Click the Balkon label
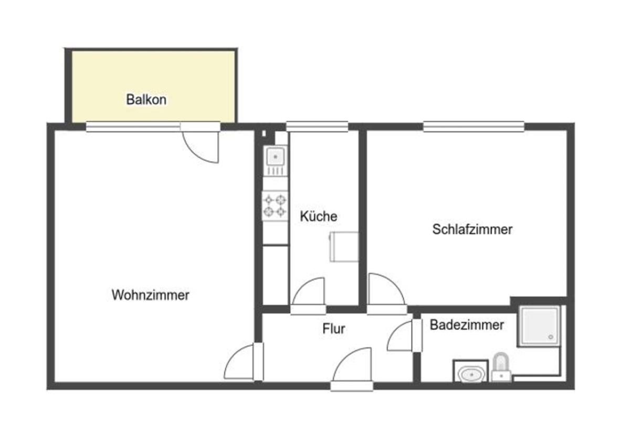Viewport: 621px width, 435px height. [146, 99]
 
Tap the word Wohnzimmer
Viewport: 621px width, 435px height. [151, 295]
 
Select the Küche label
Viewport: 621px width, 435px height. [319, 216]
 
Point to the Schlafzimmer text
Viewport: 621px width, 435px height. [472, 230]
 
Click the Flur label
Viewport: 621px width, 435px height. [333, 329]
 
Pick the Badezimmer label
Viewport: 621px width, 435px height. [467, 325]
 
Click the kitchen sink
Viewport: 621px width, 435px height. [275, 160]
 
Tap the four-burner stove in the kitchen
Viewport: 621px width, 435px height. [275, 205]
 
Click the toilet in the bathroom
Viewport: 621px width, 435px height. [501, 366]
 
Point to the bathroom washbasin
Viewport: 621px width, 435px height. [470, 372]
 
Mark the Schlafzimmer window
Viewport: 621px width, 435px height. [473, 126]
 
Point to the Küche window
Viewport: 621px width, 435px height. [317, 126]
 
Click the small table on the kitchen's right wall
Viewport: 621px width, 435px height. [344, 247]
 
